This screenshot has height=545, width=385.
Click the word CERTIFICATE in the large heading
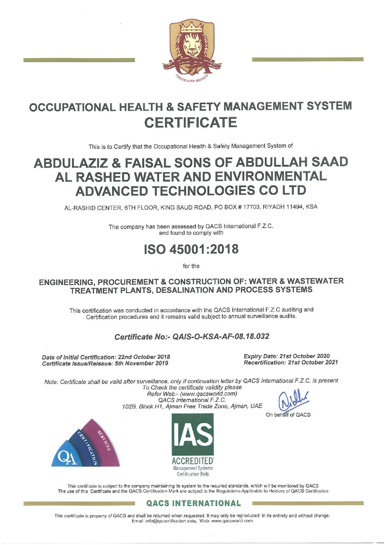[x=192, y=122]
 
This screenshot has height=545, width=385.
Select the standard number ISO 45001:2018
[x=192, y=249]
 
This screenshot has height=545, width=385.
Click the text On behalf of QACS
[x=288, y=414]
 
